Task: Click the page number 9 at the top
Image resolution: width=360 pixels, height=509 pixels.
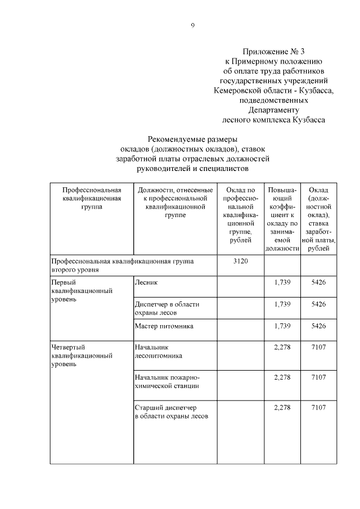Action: [193, 25]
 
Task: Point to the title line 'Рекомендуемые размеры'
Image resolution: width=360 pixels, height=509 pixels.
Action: [192, 139]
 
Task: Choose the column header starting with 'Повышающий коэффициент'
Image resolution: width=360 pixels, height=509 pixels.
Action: [282, 220]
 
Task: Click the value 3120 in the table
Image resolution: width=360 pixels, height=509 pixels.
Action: [240, 262]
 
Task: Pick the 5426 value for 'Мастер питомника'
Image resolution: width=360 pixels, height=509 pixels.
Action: [318, 326]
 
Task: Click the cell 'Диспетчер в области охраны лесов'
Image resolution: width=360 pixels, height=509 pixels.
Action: [167, 308]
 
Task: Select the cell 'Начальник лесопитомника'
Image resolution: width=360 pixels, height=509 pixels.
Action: [159, 352]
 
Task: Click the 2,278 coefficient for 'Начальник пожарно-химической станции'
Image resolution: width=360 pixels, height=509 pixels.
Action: [282, 377]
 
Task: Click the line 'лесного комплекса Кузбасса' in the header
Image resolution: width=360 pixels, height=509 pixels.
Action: [274, 120]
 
